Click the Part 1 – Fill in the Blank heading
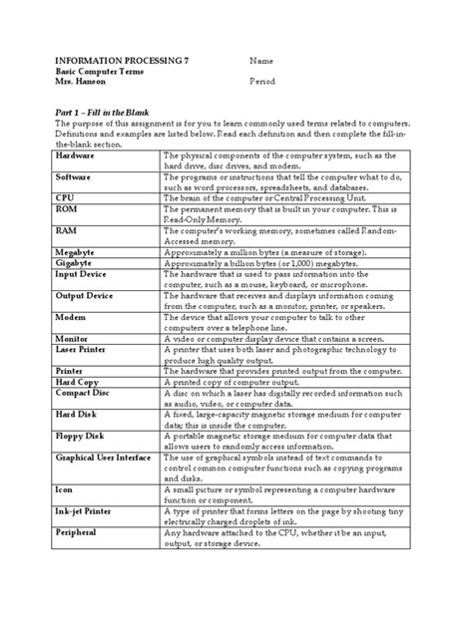click(92, 114)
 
